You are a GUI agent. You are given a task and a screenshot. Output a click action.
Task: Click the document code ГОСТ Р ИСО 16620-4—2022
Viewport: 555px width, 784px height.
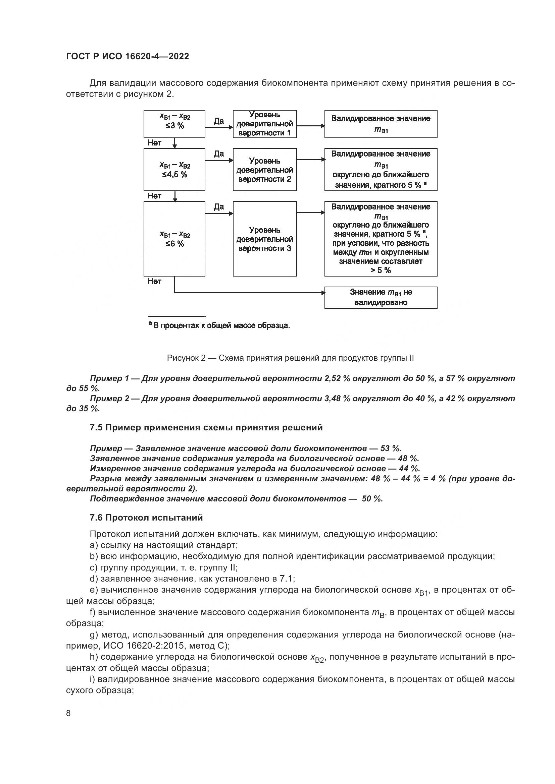pos(128,57)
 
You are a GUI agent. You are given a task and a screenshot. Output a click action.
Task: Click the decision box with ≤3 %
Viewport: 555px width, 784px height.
pos(174,124)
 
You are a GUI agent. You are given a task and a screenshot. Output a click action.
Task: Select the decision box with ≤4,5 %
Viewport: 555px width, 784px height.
pos(174,169)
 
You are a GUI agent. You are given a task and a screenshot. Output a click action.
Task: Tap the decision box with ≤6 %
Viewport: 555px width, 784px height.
pos(174,239)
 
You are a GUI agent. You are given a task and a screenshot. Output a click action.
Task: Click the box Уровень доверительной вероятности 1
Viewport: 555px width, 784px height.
pos(264,124)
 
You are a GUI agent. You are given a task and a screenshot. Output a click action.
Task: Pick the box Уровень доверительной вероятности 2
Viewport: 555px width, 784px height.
pos(264,170)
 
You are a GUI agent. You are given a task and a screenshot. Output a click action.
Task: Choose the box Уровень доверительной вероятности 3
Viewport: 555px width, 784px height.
pos(264,239)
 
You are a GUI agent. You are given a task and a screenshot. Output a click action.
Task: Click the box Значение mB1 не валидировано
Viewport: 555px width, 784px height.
pos(381,297)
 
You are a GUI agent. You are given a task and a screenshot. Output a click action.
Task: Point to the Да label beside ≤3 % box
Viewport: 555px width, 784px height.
pos(219,121)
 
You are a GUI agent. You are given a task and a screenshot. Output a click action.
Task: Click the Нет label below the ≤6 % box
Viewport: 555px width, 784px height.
pos(154,281)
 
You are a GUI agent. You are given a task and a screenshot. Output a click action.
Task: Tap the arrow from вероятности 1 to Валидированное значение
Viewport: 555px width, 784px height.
pos(310,126)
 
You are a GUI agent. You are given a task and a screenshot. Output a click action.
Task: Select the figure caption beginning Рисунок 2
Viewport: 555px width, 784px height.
pos(290,358)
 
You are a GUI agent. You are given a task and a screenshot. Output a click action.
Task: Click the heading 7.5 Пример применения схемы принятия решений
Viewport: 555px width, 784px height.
pos(206,427)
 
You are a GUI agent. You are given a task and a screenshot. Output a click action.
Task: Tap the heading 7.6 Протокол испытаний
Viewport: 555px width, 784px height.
pos(146,518)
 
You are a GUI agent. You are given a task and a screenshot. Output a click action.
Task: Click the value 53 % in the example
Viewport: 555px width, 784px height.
pos(390,448)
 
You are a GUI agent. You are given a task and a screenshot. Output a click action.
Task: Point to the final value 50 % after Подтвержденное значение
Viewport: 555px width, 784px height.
pos(372,499)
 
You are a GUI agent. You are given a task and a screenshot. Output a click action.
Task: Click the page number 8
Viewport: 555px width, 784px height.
pos(68,713)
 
